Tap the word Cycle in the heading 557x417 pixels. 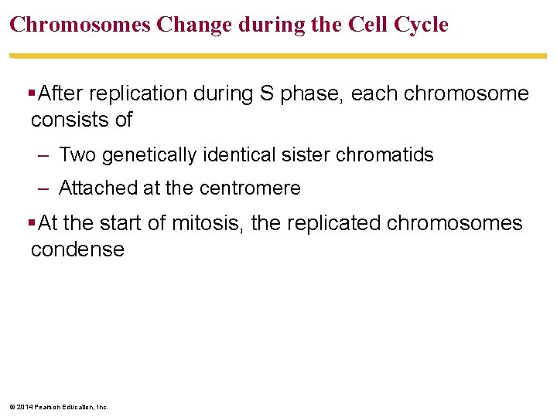tap(420, 25)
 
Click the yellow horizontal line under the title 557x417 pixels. tap(278, 56)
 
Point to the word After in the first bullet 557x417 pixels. tap(63, 94)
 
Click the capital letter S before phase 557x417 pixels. tap(265, 94)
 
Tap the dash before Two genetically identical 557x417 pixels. tap(43, 155)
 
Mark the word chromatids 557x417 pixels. tap(384, 155)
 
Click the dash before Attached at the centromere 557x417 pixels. tap(43, 188)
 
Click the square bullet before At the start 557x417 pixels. tap(31, 223)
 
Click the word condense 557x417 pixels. tap(77, 249)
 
